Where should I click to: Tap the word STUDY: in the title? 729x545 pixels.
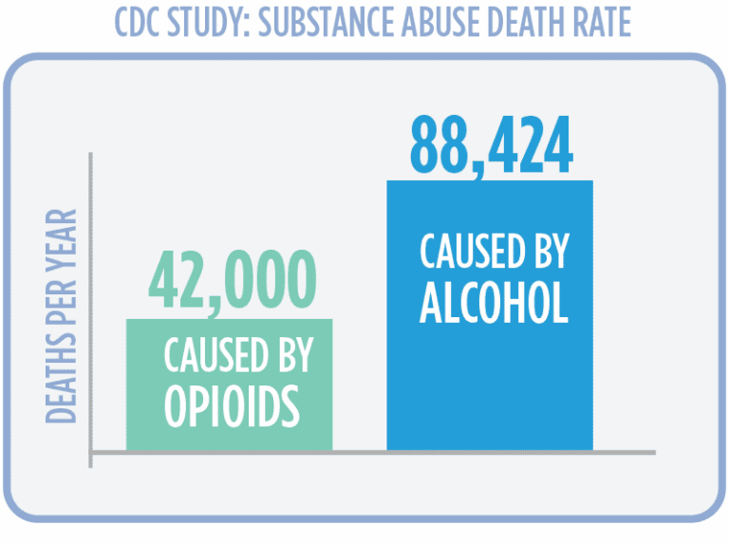[211, 23]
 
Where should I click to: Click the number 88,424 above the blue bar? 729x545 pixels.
[491, 146]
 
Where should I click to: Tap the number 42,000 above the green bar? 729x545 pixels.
[231, 282]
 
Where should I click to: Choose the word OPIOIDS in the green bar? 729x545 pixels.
[232, 404]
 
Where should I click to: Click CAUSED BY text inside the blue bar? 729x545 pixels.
[494, 252]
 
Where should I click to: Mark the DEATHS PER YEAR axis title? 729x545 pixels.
[62, 316]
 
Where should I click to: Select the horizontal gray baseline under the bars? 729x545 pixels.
[370, 452]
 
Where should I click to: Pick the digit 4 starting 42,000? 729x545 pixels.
[164, 282]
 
